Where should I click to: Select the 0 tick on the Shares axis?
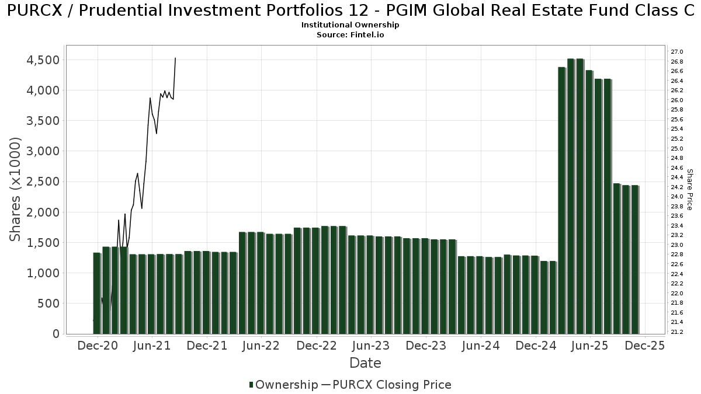pos(56,334)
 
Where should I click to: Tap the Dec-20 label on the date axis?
pos(98,346)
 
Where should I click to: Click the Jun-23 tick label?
pos(371,346)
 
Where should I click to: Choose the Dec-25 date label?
pos(645,346)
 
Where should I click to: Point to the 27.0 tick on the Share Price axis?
pos(677,52)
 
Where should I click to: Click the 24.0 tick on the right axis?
pos(677,197)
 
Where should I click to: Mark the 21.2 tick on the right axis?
pos(677,332)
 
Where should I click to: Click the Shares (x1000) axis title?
pos(16,189)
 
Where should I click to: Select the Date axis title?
pos(365,363)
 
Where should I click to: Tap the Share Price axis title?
pos(690,189)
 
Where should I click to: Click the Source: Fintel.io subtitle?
pos(350,35)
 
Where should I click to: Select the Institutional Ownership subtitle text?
pos(350,25)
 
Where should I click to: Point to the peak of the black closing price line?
pos(175,58)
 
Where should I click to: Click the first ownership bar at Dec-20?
pos(97,293)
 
